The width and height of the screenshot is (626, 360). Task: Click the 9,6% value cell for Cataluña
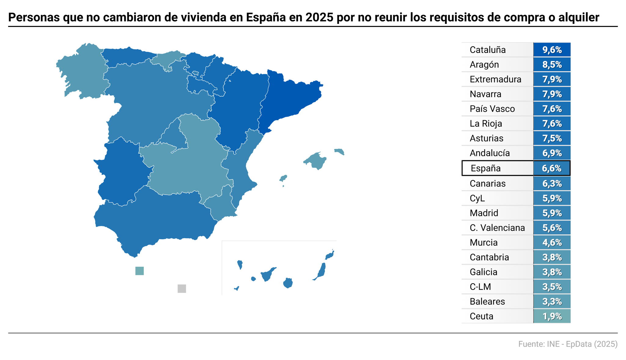click(552, 50)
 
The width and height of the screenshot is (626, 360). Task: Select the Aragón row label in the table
click(484, 65)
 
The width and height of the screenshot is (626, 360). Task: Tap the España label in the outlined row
click(485, 168)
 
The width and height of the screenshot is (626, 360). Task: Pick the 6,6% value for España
click(551, 168)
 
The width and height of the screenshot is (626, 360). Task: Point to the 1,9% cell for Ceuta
click(552, 316)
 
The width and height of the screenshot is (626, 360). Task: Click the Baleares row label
click(487, 302)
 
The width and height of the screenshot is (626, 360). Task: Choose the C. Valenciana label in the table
click(497, 228)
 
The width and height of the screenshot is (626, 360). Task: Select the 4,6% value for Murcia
click(552, 243)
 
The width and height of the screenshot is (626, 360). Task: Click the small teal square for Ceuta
click(139, 271)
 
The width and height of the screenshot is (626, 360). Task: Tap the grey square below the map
click(182, 288)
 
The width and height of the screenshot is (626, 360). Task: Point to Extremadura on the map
click(122, 171)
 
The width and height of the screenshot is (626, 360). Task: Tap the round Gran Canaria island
click(288, 283)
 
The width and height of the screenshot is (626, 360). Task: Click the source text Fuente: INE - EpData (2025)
click(568, 344)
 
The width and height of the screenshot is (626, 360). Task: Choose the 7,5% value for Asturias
click(552, 138)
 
